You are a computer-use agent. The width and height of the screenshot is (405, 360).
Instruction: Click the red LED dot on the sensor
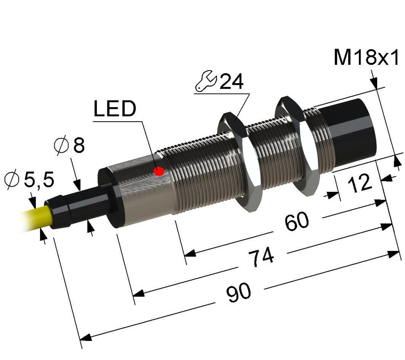click(159, 171)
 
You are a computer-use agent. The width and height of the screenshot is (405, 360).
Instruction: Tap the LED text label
click(115, 109)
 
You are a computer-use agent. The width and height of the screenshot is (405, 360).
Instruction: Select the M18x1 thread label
click(367, 57)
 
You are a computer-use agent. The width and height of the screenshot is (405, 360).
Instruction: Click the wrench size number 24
click(231, 81)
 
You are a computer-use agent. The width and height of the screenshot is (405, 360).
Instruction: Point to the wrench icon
click(205, 81)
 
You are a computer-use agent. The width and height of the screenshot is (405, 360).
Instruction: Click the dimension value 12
click(360, 183)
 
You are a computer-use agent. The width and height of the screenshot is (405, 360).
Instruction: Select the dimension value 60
click(297, 221)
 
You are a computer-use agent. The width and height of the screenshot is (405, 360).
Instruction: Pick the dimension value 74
click(261, 257)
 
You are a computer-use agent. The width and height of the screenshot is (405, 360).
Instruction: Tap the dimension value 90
click(238, 293)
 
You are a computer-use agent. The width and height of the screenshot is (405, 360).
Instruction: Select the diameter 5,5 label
click(30, 179)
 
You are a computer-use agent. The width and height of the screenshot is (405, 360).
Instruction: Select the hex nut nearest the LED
click(240, 162)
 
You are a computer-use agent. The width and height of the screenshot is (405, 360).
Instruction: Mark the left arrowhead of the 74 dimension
click(139, 293)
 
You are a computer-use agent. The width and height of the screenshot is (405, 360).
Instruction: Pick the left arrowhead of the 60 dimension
click(190, 253)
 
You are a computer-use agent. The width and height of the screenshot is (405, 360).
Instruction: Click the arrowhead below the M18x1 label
click(374, 83)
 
